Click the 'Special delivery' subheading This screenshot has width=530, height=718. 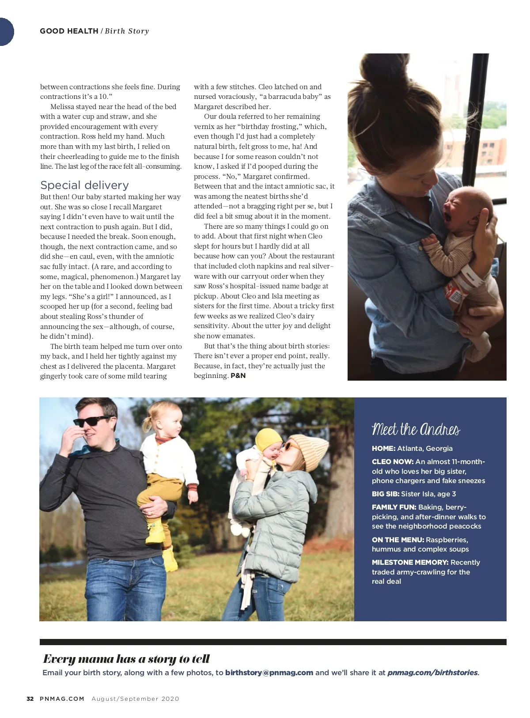[84, 185]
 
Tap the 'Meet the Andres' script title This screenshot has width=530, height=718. [416, 429]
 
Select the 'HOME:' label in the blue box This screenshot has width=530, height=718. [383, 448]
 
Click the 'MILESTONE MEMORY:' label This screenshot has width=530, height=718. [410, 562]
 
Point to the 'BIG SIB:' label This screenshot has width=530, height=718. [385, 494]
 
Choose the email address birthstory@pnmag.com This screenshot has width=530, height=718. [269, 673]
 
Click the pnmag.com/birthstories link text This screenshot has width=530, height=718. [432, 673]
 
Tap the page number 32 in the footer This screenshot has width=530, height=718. [30, 699]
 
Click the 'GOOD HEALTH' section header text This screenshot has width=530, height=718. [69, 31]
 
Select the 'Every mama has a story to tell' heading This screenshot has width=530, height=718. [126, 659]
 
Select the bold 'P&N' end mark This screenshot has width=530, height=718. [238, 376]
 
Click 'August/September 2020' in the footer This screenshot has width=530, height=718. [135, 699]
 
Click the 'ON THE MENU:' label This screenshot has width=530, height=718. [397, 540]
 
